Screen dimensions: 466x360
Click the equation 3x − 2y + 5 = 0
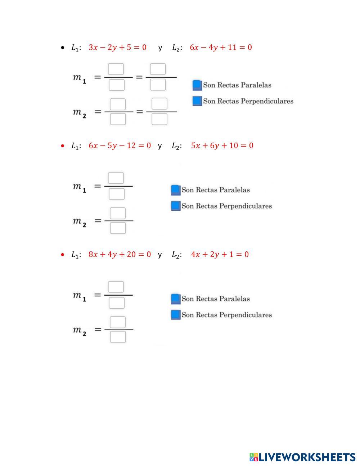tap(117, 47)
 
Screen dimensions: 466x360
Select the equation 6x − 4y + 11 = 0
tap(221, 47)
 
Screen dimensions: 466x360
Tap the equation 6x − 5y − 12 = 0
tap(120, 145)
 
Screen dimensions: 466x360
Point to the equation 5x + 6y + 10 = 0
tap(222, 145)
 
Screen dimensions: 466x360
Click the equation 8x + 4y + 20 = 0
tap(120, 254)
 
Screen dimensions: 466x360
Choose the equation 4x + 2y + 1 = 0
tap(220, 254)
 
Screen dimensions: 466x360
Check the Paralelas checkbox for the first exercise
tap(197, 85)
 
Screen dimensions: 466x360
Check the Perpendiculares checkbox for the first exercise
tap(197, 101)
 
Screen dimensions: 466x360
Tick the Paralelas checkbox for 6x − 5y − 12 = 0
tap(175, 190)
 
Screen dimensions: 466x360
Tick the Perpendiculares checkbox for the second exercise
tap(175, 206)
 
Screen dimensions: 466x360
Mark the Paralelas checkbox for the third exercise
tap(175, 299)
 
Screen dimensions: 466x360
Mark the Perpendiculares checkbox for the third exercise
tap(175, 314)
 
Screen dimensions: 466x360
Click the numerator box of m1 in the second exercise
tap(116, 178)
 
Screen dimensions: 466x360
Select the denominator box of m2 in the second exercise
tap(118, 228)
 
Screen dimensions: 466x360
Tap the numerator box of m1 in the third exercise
tap(116, 287)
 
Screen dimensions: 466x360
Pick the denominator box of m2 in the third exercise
tap(118, 337)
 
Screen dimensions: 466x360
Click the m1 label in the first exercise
tap(80, 78)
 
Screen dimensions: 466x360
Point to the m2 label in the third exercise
tap(80, 331)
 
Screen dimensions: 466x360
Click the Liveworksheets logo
tap(302, 457)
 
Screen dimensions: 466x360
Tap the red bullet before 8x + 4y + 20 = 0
tap(63, 255)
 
